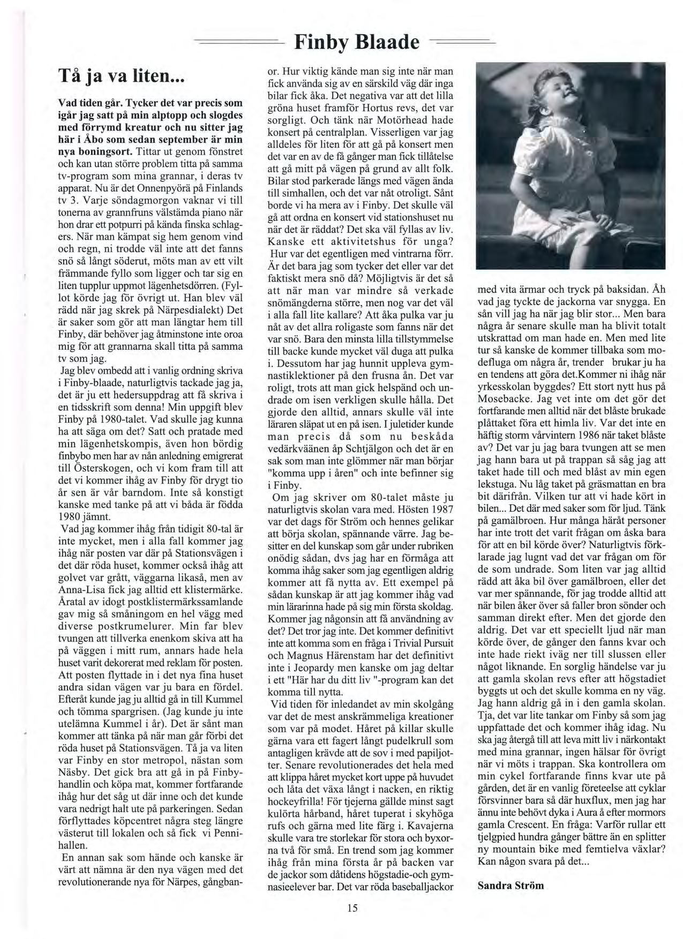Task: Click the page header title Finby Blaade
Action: tap(357, 41)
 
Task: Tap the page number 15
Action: tap(351, 907)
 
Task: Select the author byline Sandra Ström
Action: tap(511, 885)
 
